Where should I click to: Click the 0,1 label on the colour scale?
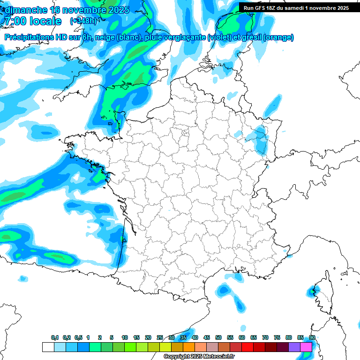point(55,338)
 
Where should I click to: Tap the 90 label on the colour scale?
point(312,338)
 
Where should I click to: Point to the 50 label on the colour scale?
point(218,338)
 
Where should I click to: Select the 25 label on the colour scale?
point(160,338)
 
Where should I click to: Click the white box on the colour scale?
point(48,347)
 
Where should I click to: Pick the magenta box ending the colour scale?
point(306,347)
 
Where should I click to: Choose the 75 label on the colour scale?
point(277,338)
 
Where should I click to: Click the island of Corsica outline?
point(322,293)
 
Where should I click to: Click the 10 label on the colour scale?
point(125,338)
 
